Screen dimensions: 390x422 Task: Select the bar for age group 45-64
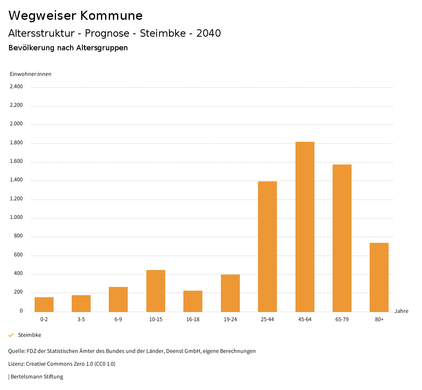[305, 227]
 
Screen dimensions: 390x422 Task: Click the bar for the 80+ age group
[379, 277]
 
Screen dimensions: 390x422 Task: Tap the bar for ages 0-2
[44, 304]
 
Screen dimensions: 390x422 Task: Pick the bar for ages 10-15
[156, 291]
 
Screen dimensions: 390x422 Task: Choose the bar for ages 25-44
[267, 247]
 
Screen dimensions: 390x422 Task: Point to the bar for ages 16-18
[193, 301]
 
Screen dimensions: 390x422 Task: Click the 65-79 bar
[342, 238]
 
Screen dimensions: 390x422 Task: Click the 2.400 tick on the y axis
[16, 87]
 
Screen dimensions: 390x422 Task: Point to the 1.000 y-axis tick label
[16, 218]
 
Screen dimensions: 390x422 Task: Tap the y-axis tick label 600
[18, 255]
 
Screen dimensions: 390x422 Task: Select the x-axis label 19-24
[230, 320]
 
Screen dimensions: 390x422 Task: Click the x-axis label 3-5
[81, 320]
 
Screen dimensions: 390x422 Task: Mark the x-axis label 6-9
[118, 320]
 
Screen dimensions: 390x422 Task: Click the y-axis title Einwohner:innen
[30, 74]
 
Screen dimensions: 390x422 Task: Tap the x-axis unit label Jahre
[401, 311]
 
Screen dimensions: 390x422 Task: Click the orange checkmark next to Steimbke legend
[11, 335]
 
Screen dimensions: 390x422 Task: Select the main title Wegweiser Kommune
[75, 16]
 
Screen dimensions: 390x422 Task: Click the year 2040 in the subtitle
[209, 33]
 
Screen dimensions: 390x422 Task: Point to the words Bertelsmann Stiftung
[37, 377]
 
